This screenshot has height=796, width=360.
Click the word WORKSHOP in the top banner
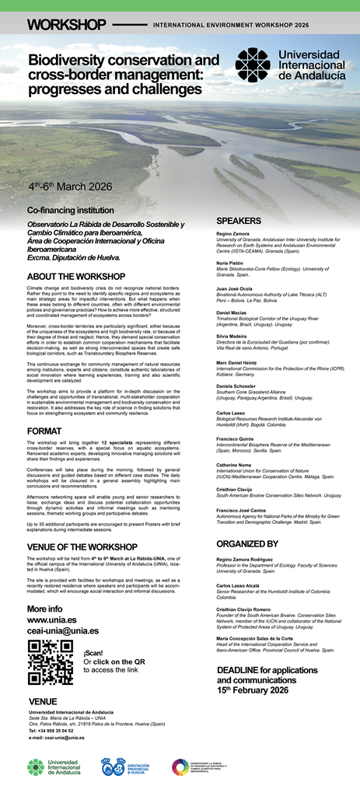(x=65, y=25)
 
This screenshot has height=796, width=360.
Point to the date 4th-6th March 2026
(x=70, y=187)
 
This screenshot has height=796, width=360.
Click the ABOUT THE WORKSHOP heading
(x=75, y=277)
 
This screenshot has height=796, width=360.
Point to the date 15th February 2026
(x=252, y=690)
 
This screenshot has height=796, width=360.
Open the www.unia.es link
(x=51, y=620)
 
